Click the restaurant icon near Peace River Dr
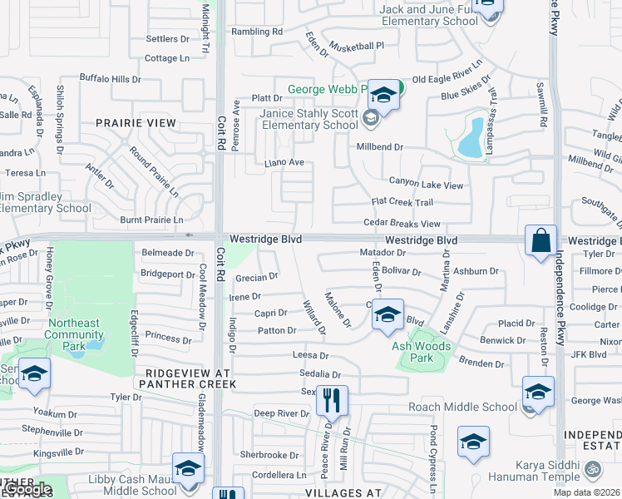click(x=332, y=401)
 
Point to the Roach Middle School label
click(x=462, y=407)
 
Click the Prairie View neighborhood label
click(x=136, y=123)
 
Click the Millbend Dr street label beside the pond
click(x=379, y=146)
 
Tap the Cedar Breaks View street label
click(x=402, y=224)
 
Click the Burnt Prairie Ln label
click(x=151, y=220)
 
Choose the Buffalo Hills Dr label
click(x=111, y=78)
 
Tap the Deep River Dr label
click(x=281, y=413)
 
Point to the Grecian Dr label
click(x=256, y=278)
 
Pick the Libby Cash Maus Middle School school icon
click(x=188, y=468)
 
